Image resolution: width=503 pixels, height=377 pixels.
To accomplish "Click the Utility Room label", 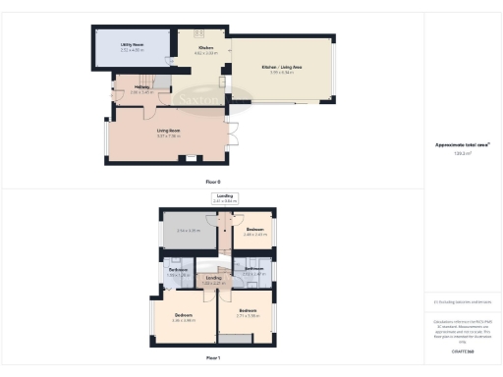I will (x=132, y=45).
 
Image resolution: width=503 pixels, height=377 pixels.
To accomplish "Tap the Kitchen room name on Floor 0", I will (x=206, y=48).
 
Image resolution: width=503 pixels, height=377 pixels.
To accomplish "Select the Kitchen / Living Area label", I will (x=282, y=67).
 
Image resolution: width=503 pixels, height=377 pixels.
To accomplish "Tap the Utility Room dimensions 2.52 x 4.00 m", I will (x=132, y=50).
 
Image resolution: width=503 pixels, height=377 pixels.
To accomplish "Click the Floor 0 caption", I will (x=213, y=183).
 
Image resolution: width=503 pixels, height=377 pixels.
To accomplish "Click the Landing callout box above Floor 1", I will (x=225, y=197).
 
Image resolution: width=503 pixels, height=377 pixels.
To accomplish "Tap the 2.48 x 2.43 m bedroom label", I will (x=255, y=232).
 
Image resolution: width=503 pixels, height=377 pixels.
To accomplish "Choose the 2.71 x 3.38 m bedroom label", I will (x=248, y=314).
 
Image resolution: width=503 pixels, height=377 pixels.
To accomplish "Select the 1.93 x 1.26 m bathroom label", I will (x=178, y=272).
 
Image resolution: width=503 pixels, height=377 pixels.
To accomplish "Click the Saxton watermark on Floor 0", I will (x=193, y=98).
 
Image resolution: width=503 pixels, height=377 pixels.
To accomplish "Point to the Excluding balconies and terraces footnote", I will (x=464, y=302).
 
